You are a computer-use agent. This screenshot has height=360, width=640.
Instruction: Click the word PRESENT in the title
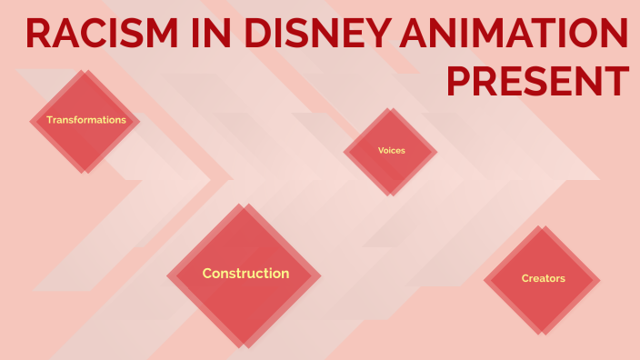[537, 81]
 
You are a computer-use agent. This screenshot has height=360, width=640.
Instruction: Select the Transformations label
[86, 120]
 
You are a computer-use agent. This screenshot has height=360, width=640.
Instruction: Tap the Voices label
[391, 150]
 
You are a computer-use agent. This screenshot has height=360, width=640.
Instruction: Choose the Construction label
[245, 274]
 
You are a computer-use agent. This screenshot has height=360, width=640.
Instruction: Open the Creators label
[543, 278]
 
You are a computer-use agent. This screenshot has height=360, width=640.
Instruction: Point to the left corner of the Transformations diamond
[30, 120]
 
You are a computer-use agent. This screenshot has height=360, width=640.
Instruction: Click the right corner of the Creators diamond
[601, 278]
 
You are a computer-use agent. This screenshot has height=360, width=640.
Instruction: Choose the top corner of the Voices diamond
[391, 108]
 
